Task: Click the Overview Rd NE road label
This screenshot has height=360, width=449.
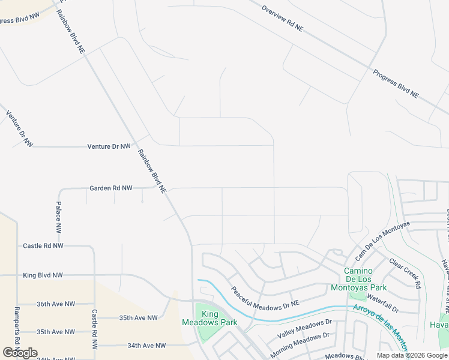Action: click(x=283, y=19)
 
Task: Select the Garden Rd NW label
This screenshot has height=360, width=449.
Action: click(x=110, y=188)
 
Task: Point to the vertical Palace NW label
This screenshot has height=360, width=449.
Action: click(x=59, y=217)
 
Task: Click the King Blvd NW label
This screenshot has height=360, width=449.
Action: click(x=43, y=275)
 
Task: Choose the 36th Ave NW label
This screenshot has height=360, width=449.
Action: click(x=56, y=304)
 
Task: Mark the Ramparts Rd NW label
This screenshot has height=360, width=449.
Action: click(x=17, y=331)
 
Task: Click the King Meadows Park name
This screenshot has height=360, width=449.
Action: click(x=209, y=318)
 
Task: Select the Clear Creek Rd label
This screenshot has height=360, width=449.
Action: click(x=405, y=272)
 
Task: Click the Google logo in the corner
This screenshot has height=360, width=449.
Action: click(x=20, y=353)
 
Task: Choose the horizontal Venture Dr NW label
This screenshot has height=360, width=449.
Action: click(x=109, y=146)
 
